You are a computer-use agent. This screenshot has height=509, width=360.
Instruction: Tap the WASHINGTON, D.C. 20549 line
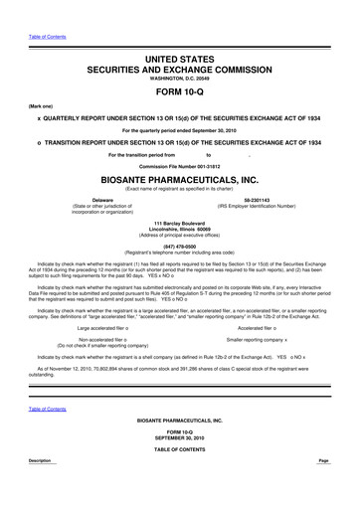179,59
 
